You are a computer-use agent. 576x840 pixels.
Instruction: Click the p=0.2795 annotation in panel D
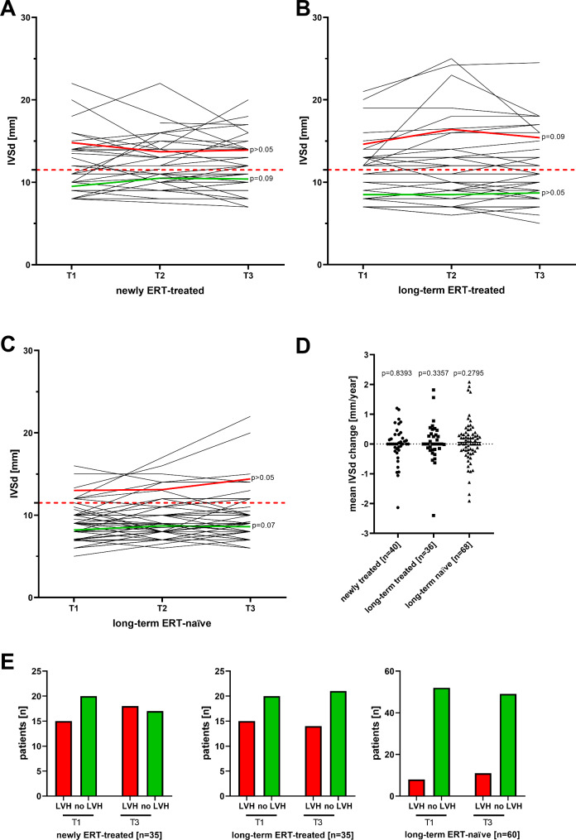[x=473, y=375]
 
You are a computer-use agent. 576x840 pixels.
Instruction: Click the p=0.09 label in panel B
[x=552, y=137]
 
